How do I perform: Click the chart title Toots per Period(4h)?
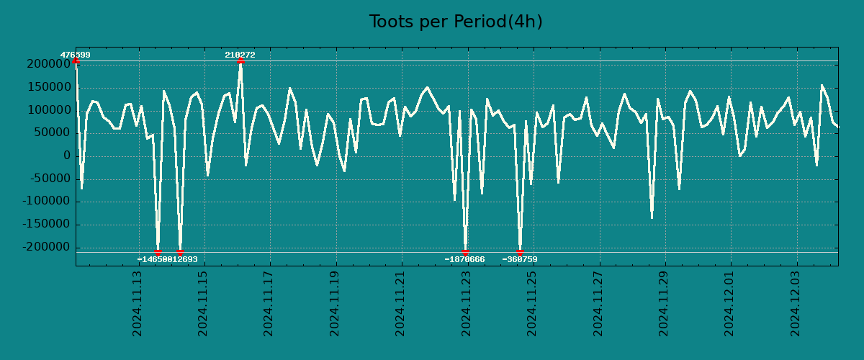point(455,22)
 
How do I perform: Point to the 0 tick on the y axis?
point(67,156)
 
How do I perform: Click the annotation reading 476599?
point(75,55)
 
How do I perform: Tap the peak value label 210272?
point(240,55)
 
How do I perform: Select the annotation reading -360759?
point(520,259)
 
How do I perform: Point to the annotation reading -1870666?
point(464,259)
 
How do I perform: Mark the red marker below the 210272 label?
point(240,61)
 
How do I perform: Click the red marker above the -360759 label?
point(520,252)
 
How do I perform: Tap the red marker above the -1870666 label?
point(466,252)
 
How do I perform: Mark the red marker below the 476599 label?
point(76,61)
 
